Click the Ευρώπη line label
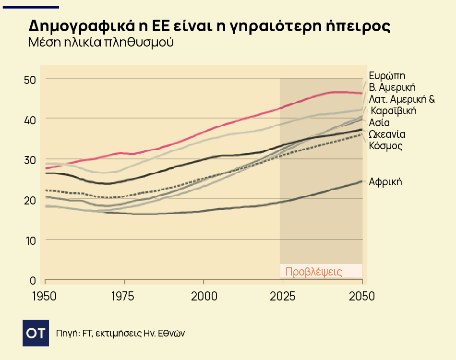click(387, 75)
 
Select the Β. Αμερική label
click(392, 87)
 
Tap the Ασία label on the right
click(379, 122)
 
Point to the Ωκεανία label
click(387, 134)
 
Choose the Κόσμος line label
click(386, 145)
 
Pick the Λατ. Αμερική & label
click(402, 99)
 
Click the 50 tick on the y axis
click(30, 79)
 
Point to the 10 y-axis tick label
click(30, 240)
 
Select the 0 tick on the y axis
click(33, 280)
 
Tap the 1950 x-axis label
click(44, 296)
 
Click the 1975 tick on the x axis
click(124, 296)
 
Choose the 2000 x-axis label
click(204, 296)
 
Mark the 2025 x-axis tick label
click(283, 296)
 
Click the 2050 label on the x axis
click(361, 296)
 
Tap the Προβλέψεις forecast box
click(321, 271)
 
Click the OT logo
click(36, 333)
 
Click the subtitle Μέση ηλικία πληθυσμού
click(101, 42)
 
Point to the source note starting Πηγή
click(120, 333)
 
